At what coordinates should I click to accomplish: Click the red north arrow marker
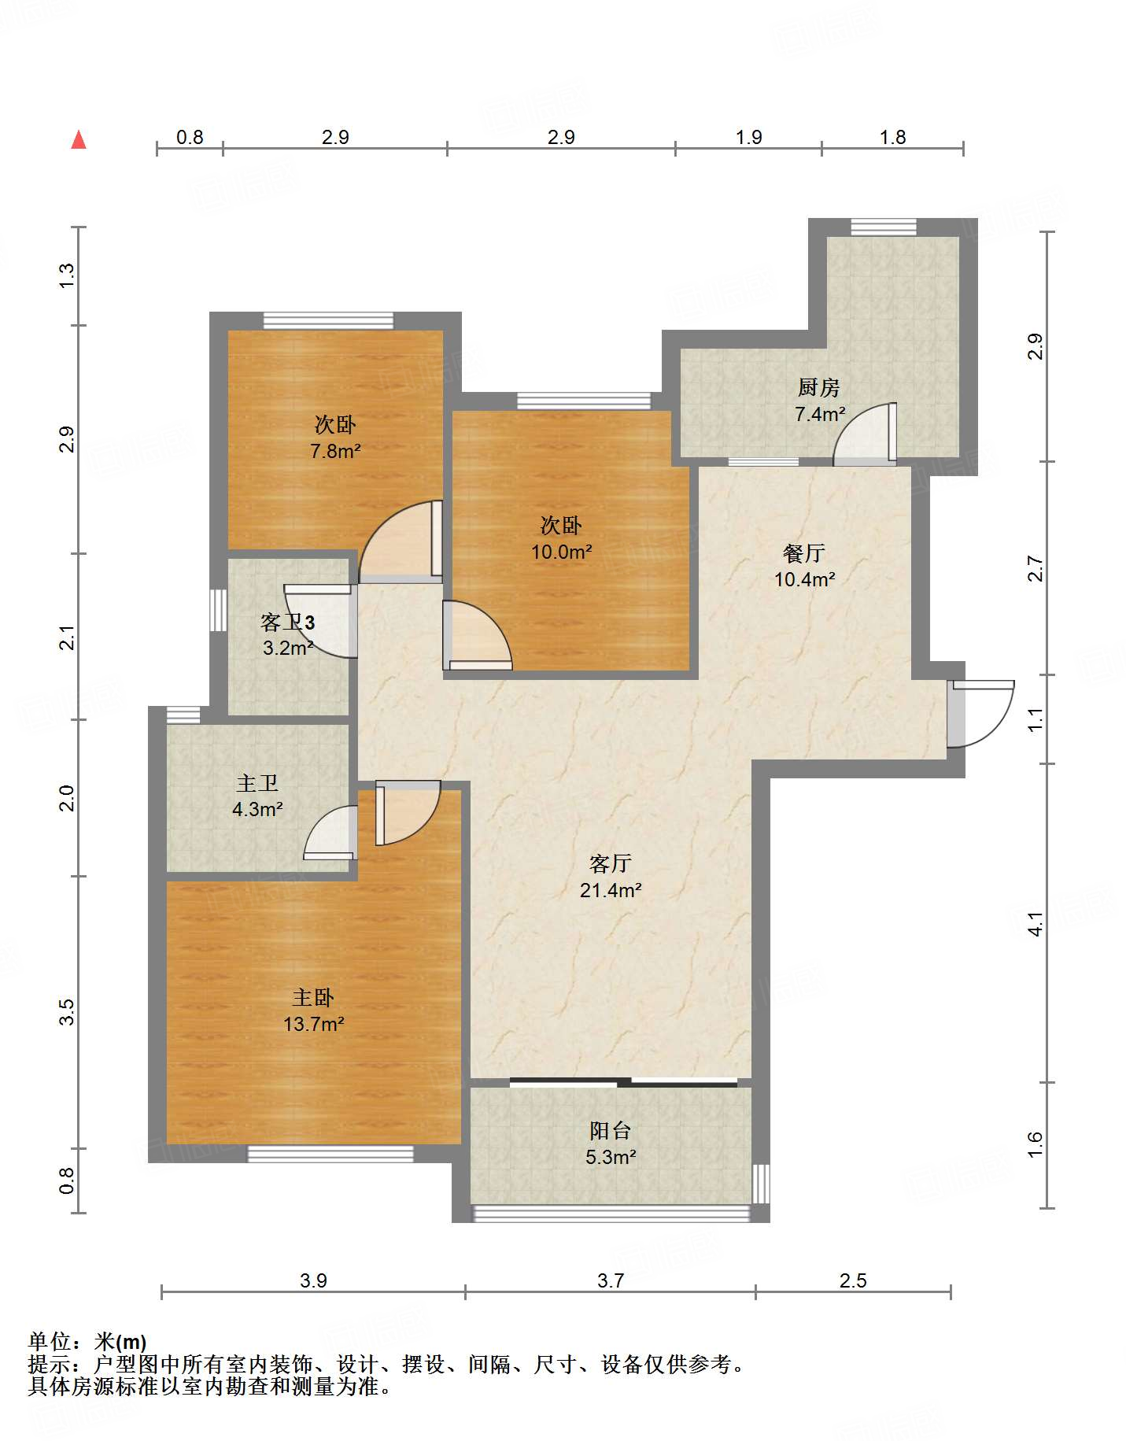(x=79, y=139)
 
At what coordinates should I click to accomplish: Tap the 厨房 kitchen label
(x=819, y=387)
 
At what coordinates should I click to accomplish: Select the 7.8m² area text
(x=335, y=451)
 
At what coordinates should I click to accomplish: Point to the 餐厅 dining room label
(x=804, y=553)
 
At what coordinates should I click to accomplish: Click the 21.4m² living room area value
(x=611, y=890)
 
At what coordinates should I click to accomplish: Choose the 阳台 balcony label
(x=611, y=1131)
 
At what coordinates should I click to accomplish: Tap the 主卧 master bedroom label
(x=313, y=998)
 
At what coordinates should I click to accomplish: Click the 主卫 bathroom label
(x=257, y=783)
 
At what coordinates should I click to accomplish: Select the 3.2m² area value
(x=288, y=648)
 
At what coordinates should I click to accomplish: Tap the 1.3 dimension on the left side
(x=67, y=275)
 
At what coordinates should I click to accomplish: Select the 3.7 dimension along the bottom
(x=611, y=1280)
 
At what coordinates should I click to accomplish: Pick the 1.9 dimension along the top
(x=749, y=137)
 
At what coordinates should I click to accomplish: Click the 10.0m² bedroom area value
(x=561, y=552)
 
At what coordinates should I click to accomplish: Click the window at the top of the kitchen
(x=884, y=227)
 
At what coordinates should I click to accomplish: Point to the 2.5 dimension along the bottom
(x=853, y=1280)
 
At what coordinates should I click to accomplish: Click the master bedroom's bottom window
(x=330, y=1154)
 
